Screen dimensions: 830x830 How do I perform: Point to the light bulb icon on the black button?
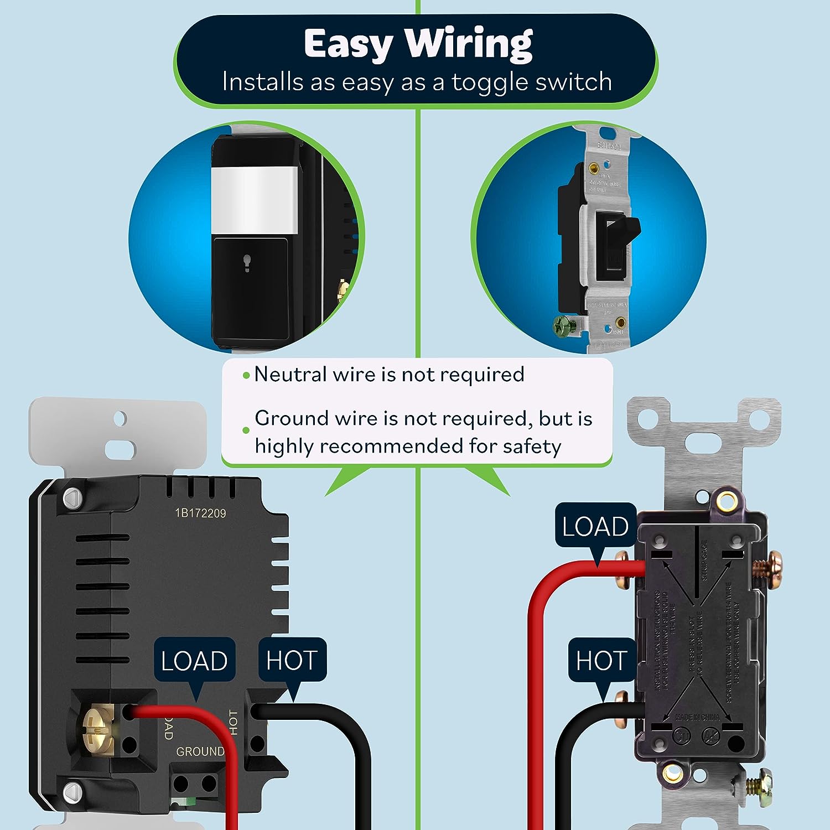tap(247, 263)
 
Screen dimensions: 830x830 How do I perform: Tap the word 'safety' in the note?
tap(532, 446)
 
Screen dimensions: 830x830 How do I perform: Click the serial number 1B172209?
tap(200, 513)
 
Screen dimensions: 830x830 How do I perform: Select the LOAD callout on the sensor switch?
tap(194, 661)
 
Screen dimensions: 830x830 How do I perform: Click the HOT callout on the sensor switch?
tap(292, 660)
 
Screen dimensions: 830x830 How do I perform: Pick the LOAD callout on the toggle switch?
tap(595, 526)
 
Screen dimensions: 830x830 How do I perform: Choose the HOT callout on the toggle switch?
tap(601, 660)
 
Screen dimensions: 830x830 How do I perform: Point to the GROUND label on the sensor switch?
tap(200, 751)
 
